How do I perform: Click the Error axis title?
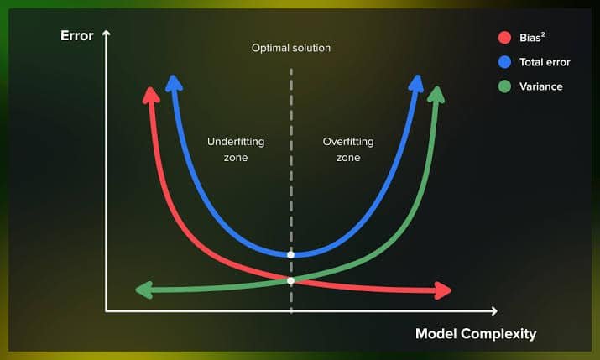[77, 35]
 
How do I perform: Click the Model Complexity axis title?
[476, 334]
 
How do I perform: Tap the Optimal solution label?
[291, 48]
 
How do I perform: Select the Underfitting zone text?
[236, 149]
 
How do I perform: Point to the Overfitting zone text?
[348, 149]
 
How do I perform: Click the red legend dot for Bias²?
[504, 38]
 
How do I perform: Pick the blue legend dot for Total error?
[504, 62]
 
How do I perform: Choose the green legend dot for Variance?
[504, 86]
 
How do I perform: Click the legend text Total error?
[545, 62]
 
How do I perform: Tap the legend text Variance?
[540, 86]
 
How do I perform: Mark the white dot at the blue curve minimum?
[291, 255]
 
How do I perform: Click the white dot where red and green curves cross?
[291, 281]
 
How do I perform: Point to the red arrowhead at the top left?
[151, 96]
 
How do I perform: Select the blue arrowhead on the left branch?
[174, 83]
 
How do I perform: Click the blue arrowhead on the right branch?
[416, 83]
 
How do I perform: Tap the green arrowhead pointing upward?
[436, 95]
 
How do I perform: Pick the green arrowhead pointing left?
[144, 290]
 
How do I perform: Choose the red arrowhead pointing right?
[443, 290]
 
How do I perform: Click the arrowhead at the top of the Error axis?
[107, 34]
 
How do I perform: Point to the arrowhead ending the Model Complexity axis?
[494, 311]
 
